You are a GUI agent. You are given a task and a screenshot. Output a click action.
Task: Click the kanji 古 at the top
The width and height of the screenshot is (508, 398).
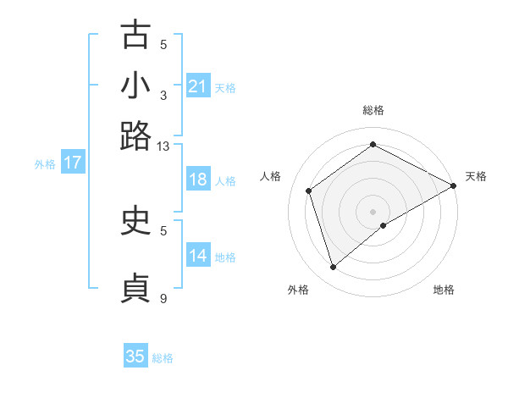(135, 36)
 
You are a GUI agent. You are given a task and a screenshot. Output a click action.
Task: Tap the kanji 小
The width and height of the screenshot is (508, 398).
(135, 86)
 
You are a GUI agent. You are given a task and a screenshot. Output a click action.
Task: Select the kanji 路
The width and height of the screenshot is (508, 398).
(135, 135)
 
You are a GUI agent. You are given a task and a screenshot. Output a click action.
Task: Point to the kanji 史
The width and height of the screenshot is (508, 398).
(135, 221)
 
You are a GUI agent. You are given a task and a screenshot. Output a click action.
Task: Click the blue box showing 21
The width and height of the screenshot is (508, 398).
(197, 86)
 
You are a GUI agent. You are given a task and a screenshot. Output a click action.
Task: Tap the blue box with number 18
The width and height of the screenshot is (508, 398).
(197, 180)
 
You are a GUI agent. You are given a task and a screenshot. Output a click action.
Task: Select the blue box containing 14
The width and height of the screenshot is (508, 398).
(197, 256)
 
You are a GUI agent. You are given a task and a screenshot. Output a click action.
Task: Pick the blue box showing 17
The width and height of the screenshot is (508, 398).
(73, 163)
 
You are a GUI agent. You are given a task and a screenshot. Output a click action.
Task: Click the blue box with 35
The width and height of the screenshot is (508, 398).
(135, 357)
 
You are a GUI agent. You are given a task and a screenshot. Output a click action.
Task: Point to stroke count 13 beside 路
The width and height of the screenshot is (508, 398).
(163, 146)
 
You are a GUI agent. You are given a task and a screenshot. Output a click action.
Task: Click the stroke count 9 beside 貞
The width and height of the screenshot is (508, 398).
(163, 298)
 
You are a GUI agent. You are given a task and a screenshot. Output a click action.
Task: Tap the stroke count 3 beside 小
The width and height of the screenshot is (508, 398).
(163, 95)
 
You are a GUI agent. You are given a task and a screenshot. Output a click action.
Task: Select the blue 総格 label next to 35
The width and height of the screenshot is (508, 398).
(163, 358)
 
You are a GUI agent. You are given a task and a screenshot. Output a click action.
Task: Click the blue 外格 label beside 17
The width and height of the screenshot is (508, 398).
(45, 164)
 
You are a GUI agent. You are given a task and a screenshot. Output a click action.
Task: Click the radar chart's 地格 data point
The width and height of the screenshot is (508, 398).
(384, 225)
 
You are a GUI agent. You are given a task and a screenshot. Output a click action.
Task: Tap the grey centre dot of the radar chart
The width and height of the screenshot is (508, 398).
(373, 211)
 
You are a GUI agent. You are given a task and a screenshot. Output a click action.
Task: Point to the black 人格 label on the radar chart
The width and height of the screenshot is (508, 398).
(271, 176)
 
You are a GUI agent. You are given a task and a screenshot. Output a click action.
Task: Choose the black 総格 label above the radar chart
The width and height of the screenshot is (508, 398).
(373, 111)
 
